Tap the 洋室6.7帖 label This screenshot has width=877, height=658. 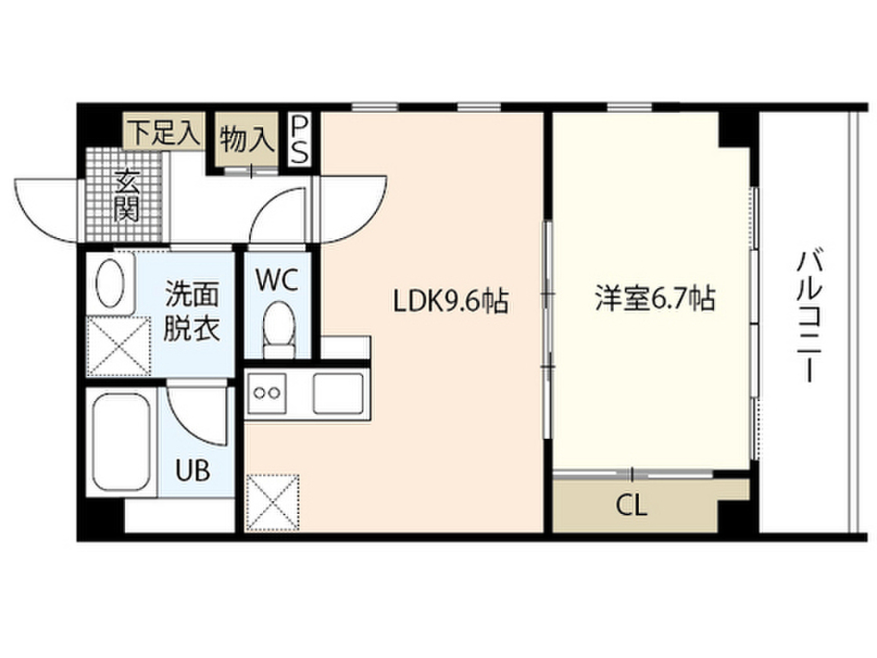655,299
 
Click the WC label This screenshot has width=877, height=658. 277,280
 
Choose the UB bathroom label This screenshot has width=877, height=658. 192,470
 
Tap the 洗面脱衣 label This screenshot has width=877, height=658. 192,311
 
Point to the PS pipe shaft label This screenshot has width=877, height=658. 299,140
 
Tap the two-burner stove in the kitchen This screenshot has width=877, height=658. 266,393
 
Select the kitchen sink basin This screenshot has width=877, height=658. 339,393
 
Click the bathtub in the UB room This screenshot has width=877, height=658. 121,440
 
